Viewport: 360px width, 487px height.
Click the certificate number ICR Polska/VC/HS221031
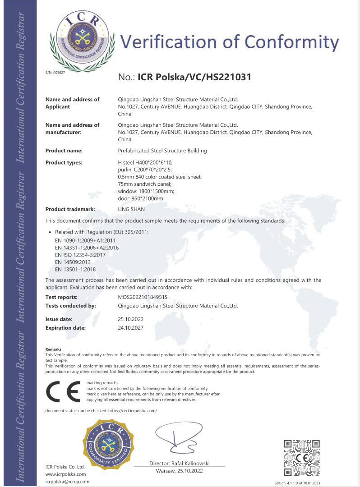(194, 77)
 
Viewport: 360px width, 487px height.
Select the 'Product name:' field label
(64, 151)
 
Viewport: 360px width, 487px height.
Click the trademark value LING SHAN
(131, 209)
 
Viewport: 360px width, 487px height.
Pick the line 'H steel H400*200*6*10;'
(145, 162)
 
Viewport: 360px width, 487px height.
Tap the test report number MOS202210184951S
(143, 297)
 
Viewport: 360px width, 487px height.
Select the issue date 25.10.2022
(130, 319)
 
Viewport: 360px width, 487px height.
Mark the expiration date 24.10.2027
(130, 328)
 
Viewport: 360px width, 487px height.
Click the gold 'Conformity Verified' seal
(108, 444)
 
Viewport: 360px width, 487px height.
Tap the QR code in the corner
(302, 458)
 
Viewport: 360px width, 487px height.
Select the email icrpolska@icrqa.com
(68, 481)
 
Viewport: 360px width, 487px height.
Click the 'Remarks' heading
(53, 349)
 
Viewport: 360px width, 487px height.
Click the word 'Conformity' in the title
(291, 42)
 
